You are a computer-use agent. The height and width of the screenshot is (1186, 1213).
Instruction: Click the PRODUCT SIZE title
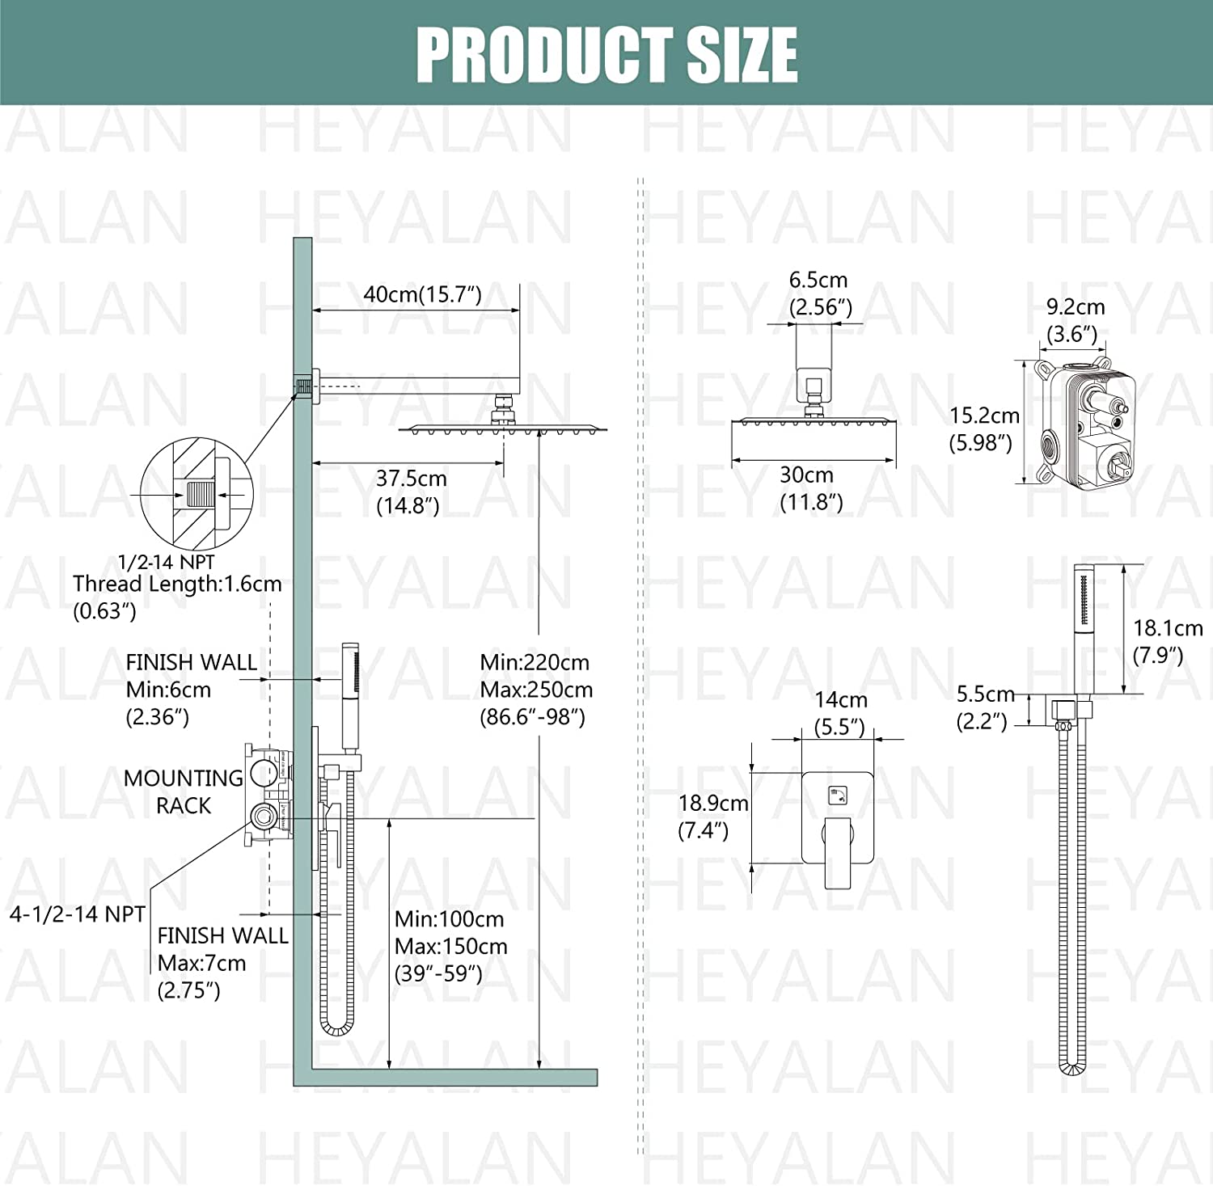pyautogui.click(x=606, y=54)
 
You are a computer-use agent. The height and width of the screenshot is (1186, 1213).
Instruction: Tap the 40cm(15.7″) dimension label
pyautogui.click(x=422, y=294)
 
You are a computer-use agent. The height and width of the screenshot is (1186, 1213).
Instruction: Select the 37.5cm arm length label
pyautogui.click(x=411, y=492)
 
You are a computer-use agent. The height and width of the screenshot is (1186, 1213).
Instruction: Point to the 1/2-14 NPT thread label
pyautogui.click(x=166, y=562)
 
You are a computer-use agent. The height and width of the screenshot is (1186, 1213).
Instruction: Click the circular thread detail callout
pyautogui.click(x=197, y=493)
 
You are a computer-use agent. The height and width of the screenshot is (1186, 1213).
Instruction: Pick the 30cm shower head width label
pyautogui.click(x=811, y=488)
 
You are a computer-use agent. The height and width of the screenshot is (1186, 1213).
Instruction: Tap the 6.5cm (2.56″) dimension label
pyautogui.click(x=819, y=293)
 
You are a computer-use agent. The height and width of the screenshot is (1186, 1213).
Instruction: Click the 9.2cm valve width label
pyautogui.click(x=1075, y=320)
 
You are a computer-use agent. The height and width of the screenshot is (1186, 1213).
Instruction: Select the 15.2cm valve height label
pyautogui.click(x=984, y=428)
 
